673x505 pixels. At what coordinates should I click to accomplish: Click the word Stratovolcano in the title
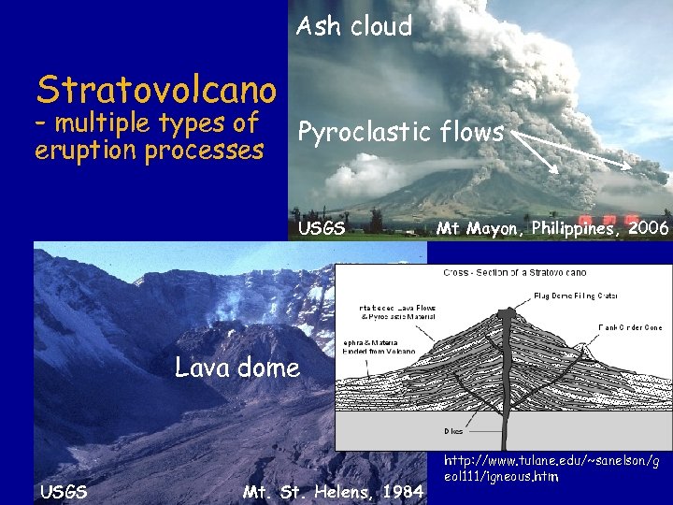click(x=156, y=90)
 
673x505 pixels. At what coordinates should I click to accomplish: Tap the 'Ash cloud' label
click(x=353, y=26)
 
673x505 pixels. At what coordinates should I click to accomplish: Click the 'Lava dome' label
click(x=237, y=367)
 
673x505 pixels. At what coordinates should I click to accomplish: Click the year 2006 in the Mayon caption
click(x=649, y=228)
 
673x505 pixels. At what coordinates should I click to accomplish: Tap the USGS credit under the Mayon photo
click(x=322, y=228)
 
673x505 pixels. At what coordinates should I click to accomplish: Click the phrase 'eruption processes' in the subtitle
click(x=149, y=151)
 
